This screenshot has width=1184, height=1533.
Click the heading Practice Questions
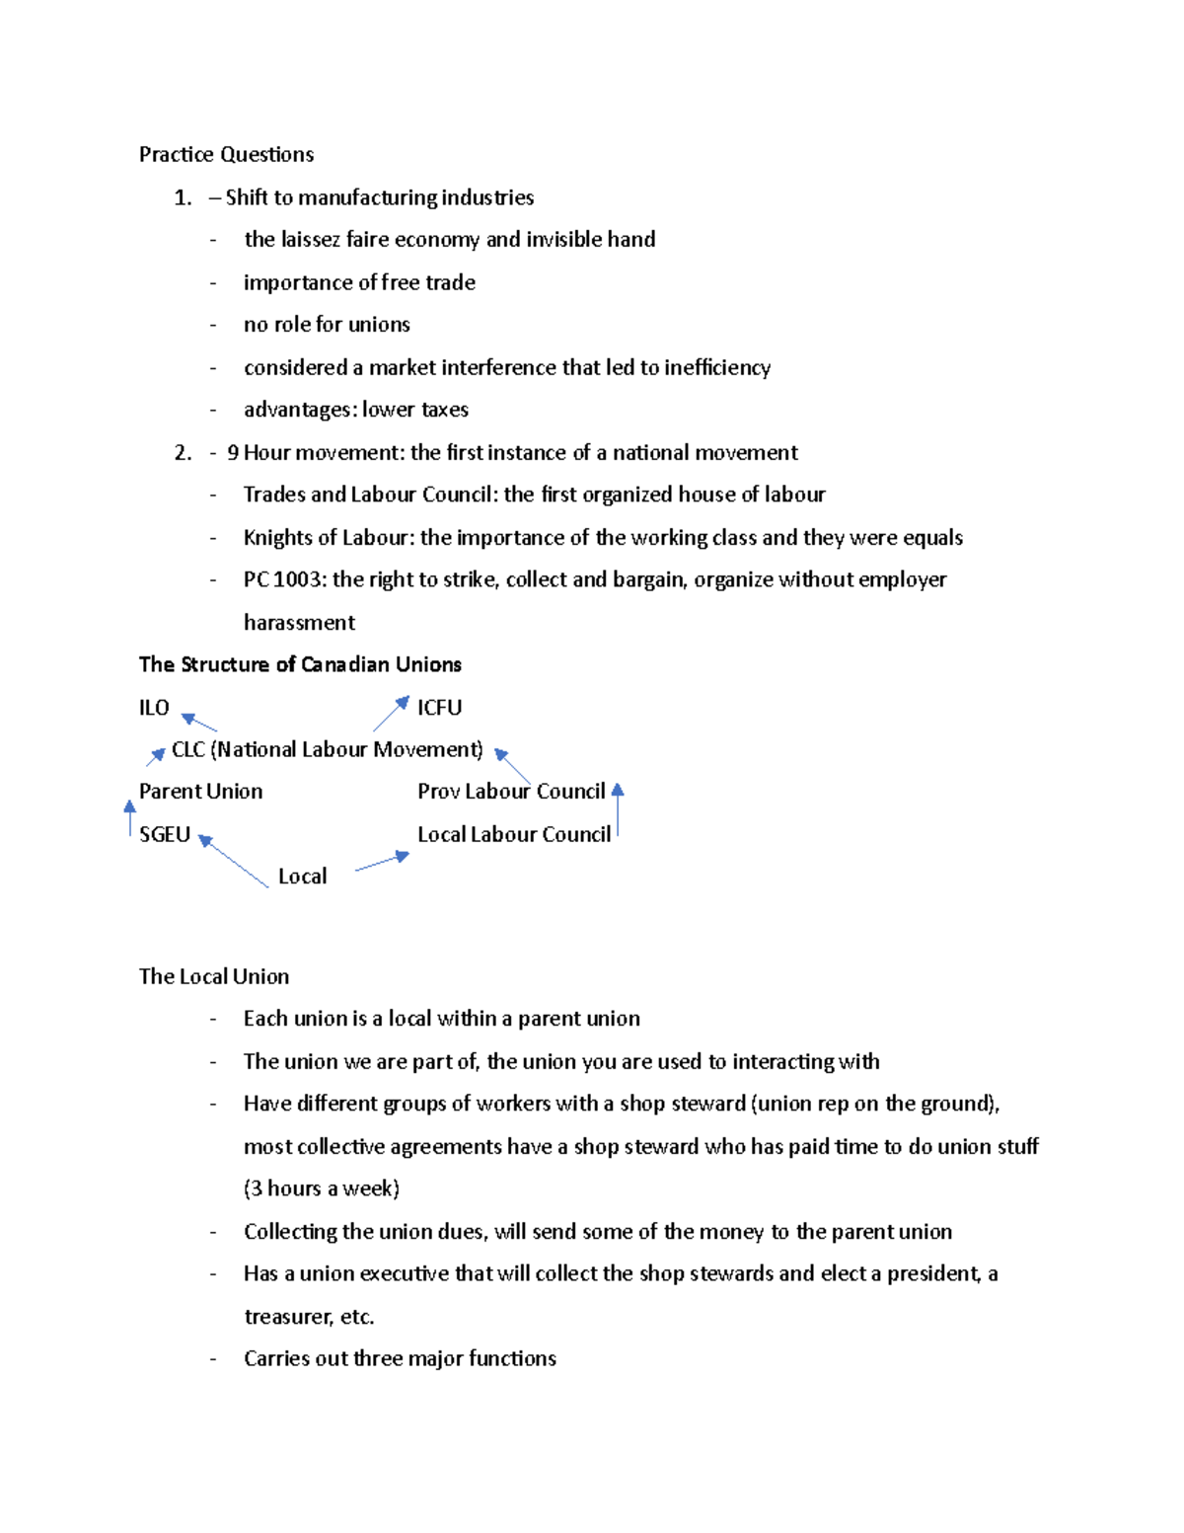(226, 154)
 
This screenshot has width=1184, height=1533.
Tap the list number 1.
(183, 197)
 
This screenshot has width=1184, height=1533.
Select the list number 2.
(183, 452)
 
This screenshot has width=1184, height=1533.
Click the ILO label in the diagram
(154, 707)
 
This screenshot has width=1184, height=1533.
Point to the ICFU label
(439, 707)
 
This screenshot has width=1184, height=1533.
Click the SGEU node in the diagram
(164, 834)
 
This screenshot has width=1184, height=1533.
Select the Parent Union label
(200, 791)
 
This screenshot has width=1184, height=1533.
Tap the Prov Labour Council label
(510, 791)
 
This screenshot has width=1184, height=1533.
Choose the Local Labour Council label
(513, 834)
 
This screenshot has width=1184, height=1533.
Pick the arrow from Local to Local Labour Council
(382, 862)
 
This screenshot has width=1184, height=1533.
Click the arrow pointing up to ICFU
(391, 714)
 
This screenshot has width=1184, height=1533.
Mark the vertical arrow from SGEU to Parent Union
(129, 818)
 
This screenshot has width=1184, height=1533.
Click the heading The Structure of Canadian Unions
(300, 664)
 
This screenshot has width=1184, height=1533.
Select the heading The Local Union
(214, 976)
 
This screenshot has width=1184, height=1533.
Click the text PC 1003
(283, 579)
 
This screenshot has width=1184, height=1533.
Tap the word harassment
(299, 623)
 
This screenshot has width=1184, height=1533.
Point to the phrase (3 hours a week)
(322, 1188)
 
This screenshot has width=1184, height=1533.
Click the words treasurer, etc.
(309, 1317)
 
